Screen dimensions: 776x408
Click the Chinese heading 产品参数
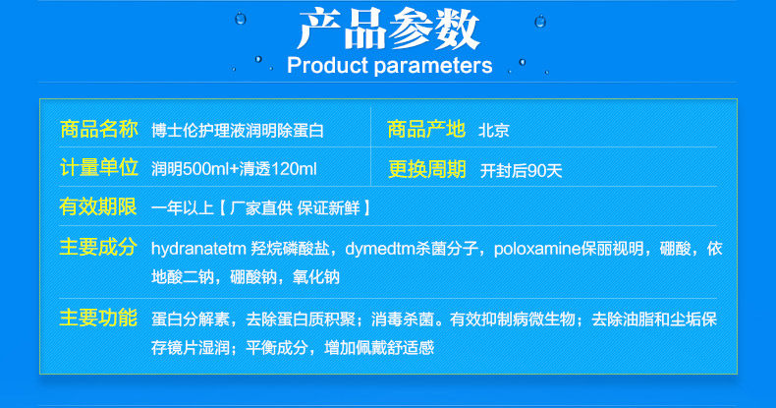click(x=389, y=29)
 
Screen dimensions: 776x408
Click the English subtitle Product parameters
click(x=390, y=65)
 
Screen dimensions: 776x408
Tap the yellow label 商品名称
click(x=98, y=129)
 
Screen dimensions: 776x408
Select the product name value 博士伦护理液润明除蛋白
click(x=238, y=130)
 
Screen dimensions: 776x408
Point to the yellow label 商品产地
click(x=426, y=129)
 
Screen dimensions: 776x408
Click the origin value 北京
click(x=493, y=130)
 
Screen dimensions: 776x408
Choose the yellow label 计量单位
click(x=98, y=168)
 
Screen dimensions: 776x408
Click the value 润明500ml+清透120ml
click(x=234, y=169)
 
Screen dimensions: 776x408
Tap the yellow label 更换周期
click(x=426, y=169)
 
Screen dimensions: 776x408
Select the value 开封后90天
click(x=522, y=171)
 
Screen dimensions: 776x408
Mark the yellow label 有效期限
click(x=98, y=206)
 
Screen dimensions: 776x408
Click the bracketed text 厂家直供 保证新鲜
click(x=295, y=208)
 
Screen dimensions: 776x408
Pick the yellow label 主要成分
click(x=98, y=247)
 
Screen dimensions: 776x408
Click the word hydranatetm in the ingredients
click(x=199, y=248)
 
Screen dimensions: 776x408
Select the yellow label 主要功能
click(x=98, y=318)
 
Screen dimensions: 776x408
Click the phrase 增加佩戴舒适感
click(x=379, y=348)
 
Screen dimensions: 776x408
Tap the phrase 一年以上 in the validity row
click(x=182, y=208)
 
